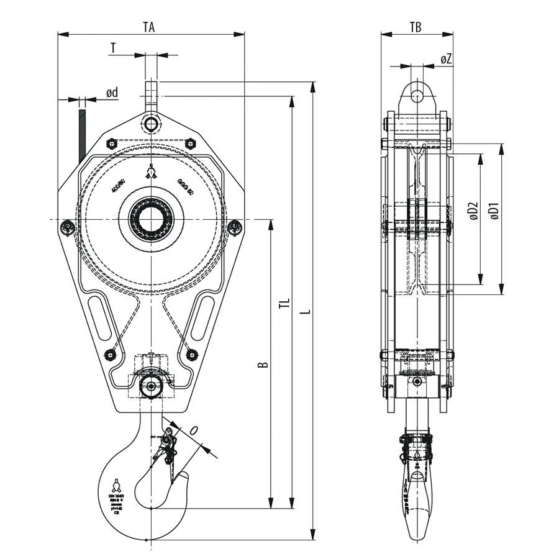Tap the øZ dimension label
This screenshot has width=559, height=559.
446,59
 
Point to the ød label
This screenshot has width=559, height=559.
112,93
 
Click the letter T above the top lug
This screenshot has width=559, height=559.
112,48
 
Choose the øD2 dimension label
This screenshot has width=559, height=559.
472,211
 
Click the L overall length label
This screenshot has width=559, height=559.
303,306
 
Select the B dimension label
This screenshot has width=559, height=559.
263,363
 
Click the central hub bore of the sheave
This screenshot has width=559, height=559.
152,219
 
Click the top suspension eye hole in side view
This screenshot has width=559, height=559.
416,96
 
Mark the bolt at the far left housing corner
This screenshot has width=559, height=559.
67,229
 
